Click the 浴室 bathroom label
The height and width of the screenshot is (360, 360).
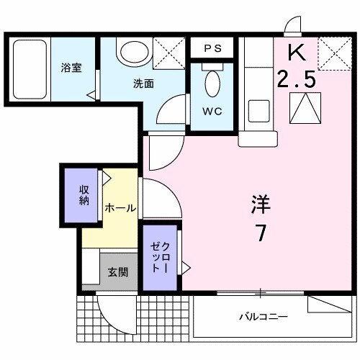(x=70, y=68)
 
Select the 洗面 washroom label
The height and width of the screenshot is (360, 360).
(x=143, y=84)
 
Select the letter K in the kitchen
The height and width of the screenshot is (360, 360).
(x=296, y=53)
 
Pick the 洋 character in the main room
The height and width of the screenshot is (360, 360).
(x=261, y=204)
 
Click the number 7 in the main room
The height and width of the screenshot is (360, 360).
(x=261, y=234)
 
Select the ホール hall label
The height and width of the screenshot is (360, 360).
(x=120, y=207)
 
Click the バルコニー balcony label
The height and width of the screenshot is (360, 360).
(x=264, y=316)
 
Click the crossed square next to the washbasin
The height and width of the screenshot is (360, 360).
(x=169, y=51)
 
